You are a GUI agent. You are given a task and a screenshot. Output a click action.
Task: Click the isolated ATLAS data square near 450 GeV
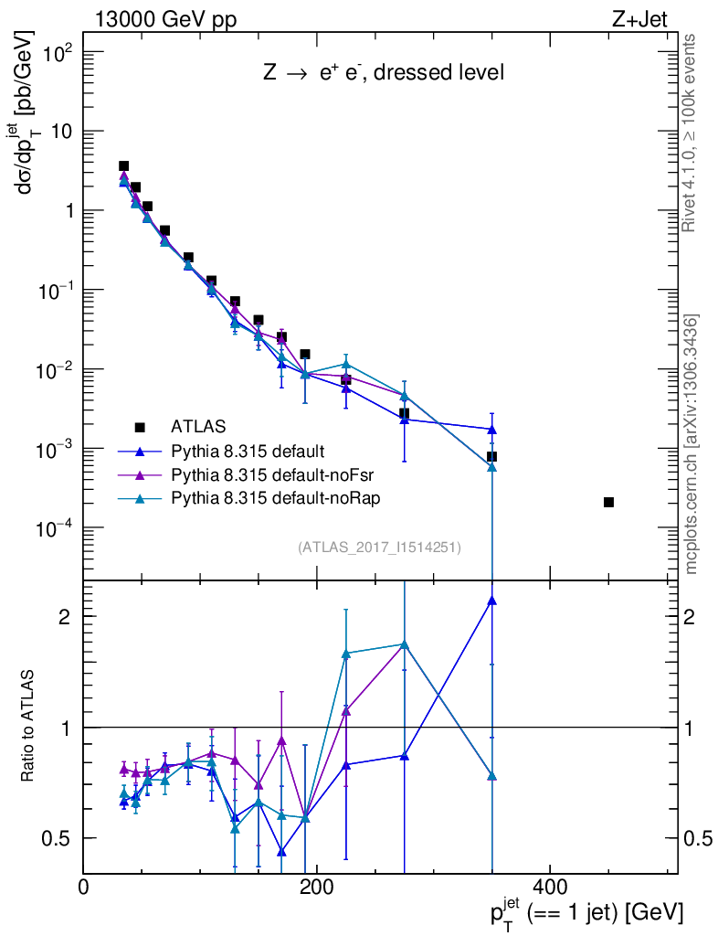coord(609,502)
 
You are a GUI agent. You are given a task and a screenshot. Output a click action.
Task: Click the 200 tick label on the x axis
coord(316,888)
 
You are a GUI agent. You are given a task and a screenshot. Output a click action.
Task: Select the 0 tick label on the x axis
coord(84,888)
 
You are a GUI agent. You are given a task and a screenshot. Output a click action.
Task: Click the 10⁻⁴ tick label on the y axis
coord(51,529)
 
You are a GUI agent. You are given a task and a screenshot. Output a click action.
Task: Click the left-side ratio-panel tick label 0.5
coord(57,838)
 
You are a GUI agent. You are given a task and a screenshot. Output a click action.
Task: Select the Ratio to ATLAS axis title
coord(28,727)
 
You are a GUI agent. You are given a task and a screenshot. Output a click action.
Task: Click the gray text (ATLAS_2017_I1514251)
coord(379,548)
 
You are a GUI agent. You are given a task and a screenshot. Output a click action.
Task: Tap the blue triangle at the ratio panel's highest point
coord(491,601)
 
